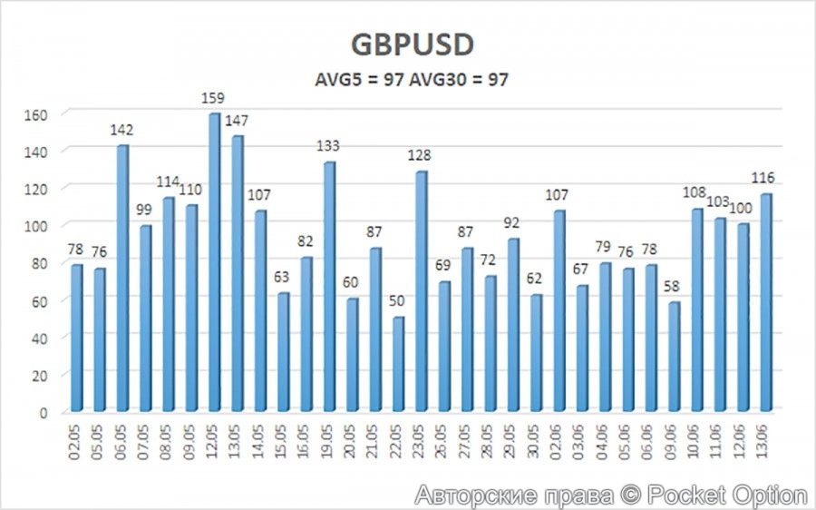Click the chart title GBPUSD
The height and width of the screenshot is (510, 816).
tap(413, 44)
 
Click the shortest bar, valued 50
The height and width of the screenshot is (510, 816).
tap(399, 363)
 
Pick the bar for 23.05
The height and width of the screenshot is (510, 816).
tap(422, 290)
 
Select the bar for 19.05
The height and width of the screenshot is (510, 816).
tap(330, 286)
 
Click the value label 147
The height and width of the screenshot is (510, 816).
tap(238, 120)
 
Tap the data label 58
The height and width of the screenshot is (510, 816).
tap(675, 287)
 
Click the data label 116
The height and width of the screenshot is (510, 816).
tap(767, 177)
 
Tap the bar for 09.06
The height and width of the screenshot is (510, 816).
tap(675, 358)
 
